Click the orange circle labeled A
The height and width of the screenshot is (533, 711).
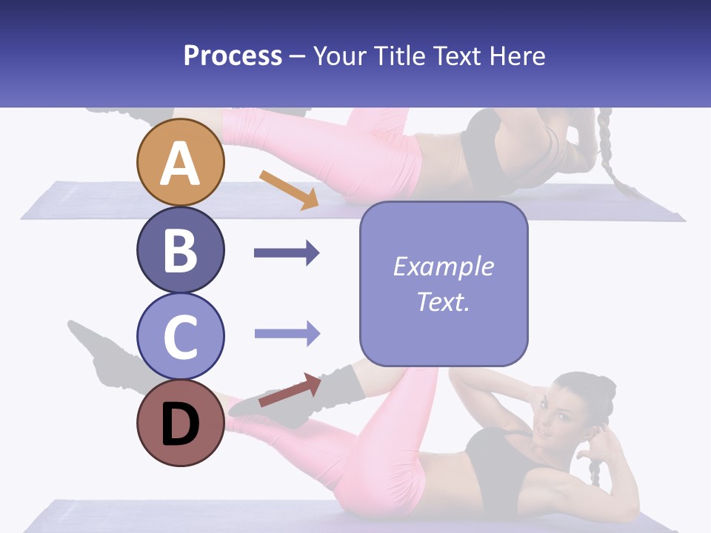[181, 162]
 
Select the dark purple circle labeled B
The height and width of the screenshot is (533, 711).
[181, 249]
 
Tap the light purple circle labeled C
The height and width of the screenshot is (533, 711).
[181, 336]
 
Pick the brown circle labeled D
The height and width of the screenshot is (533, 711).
[181, 423]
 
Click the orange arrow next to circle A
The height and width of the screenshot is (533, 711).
[290, 190]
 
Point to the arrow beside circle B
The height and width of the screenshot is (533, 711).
[287, 253]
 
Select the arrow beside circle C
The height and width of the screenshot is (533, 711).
[287, 333]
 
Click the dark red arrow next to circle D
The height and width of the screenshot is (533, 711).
[290, 391]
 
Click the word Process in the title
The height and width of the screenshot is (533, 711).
[233, 56]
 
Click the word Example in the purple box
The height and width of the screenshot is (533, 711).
[443, 266]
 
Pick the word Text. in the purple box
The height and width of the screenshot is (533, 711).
[443, 302]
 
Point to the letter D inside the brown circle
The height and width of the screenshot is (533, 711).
[181, 425]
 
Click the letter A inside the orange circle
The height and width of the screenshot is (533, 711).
[181, 164]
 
